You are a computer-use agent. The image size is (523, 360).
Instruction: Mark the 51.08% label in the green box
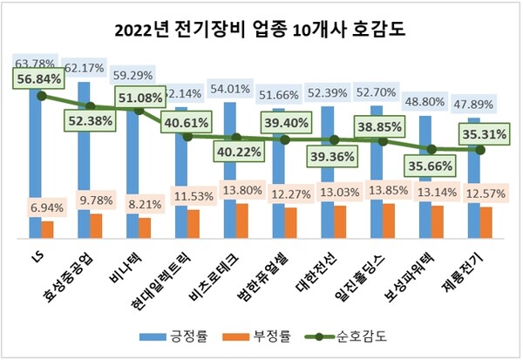(141, 95)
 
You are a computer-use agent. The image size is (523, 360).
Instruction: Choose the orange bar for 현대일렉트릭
(194, 223)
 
